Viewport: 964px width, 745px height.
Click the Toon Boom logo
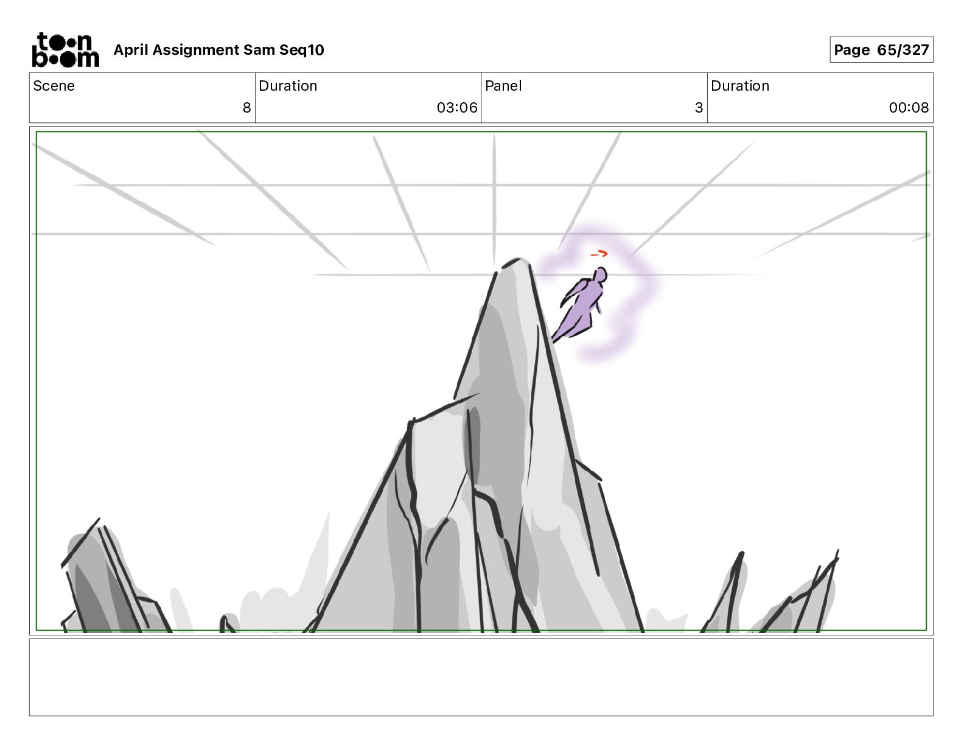point(65,50)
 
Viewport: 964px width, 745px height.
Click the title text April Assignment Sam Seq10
point(218,50)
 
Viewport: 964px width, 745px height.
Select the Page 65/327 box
point(881,50)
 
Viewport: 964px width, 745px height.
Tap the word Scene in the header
point(54,86)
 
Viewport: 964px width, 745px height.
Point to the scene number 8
point(246,108)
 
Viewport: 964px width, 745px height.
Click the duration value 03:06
point(456,108)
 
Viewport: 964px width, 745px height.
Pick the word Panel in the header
point(503,86)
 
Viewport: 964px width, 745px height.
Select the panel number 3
point(698,108)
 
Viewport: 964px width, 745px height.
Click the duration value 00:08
point(908,108)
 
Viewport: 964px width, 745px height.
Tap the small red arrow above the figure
point(599,253)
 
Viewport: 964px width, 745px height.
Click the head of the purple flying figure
point(601,275)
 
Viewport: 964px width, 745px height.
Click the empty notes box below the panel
point(481,677)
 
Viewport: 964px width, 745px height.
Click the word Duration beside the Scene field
point(288,86)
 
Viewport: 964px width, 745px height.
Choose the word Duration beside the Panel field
point(739,86)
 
